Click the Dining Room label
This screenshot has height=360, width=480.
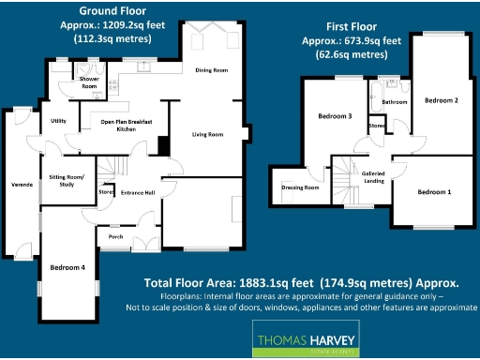[x=211, y=70]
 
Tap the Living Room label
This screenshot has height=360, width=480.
[x=207, y=135]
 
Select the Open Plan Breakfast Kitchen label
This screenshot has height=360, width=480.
[x=120, y=126]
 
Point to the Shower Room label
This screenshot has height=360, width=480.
[x=89, y=83]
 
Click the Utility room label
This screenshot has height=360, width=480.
[x=58, y=121]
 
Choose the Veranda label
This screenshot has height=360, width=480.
[x=22, y=185]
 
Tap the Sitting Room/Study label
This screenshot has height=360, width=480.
[x=67, y=180]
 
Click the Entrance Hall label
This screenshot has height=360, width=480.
[x=138, y=192]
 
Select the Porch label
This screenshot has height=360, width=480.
[x=116, y=236]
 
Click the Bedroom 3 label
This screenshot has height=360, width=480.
[x=335, y=116]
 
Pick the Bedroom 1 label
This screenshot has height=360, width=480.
[x=434, y=191]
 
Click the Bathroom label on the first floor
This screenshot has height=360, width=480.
[x=394, y=100]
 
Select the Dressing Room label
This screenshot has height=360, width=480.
[x=300, y=187]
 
